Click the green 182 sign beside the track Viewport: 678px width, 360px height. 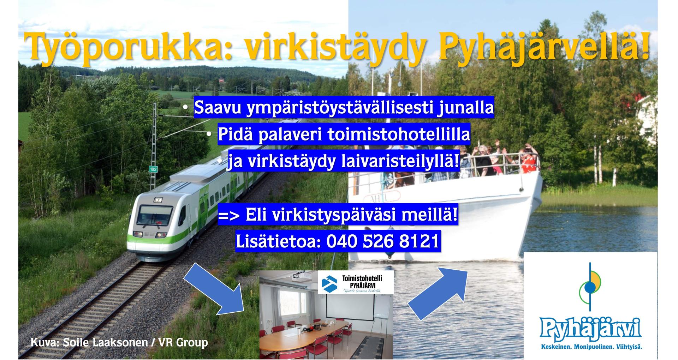pos(153,169)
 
